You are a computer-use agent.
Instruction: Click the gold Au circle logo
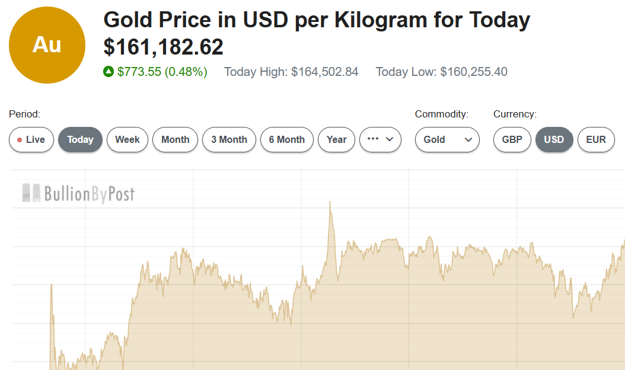point(47,45)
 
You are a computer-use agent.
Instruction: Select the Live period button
point(31,140)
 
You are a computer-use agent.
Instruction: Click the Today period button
point(80,140)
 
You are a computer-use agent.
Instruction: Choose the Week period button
point(127,140)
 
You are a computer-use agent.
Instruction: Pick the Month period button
point(175,140)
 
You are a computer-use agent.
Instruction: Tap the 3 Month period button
point(229,140)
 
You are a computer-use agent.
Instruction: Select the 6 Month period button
point(287,140)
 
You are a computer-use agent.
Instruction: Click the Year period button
point(336,140)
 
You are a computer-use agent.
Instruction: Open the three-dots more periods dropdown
point(380,140)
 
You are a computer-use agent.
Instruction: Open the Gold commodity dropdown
point(447,140)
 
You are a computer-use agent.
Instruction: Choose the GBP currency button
point(512,140)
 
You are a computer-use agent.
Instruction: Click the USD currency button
point(554,140)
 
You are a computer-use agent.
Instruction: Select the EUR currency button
point(596,140)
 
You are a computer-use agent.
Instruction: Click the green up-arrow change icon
point(109,72)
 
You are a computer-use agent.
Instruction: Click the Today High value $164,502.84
point(324,72)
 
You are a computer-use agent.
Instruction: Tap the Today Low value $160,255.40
point(473,72)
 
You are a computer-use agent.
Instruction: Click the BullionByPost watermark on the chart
point(78,193)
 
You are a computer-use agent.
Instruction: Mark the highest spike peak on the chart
point(330,202)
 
